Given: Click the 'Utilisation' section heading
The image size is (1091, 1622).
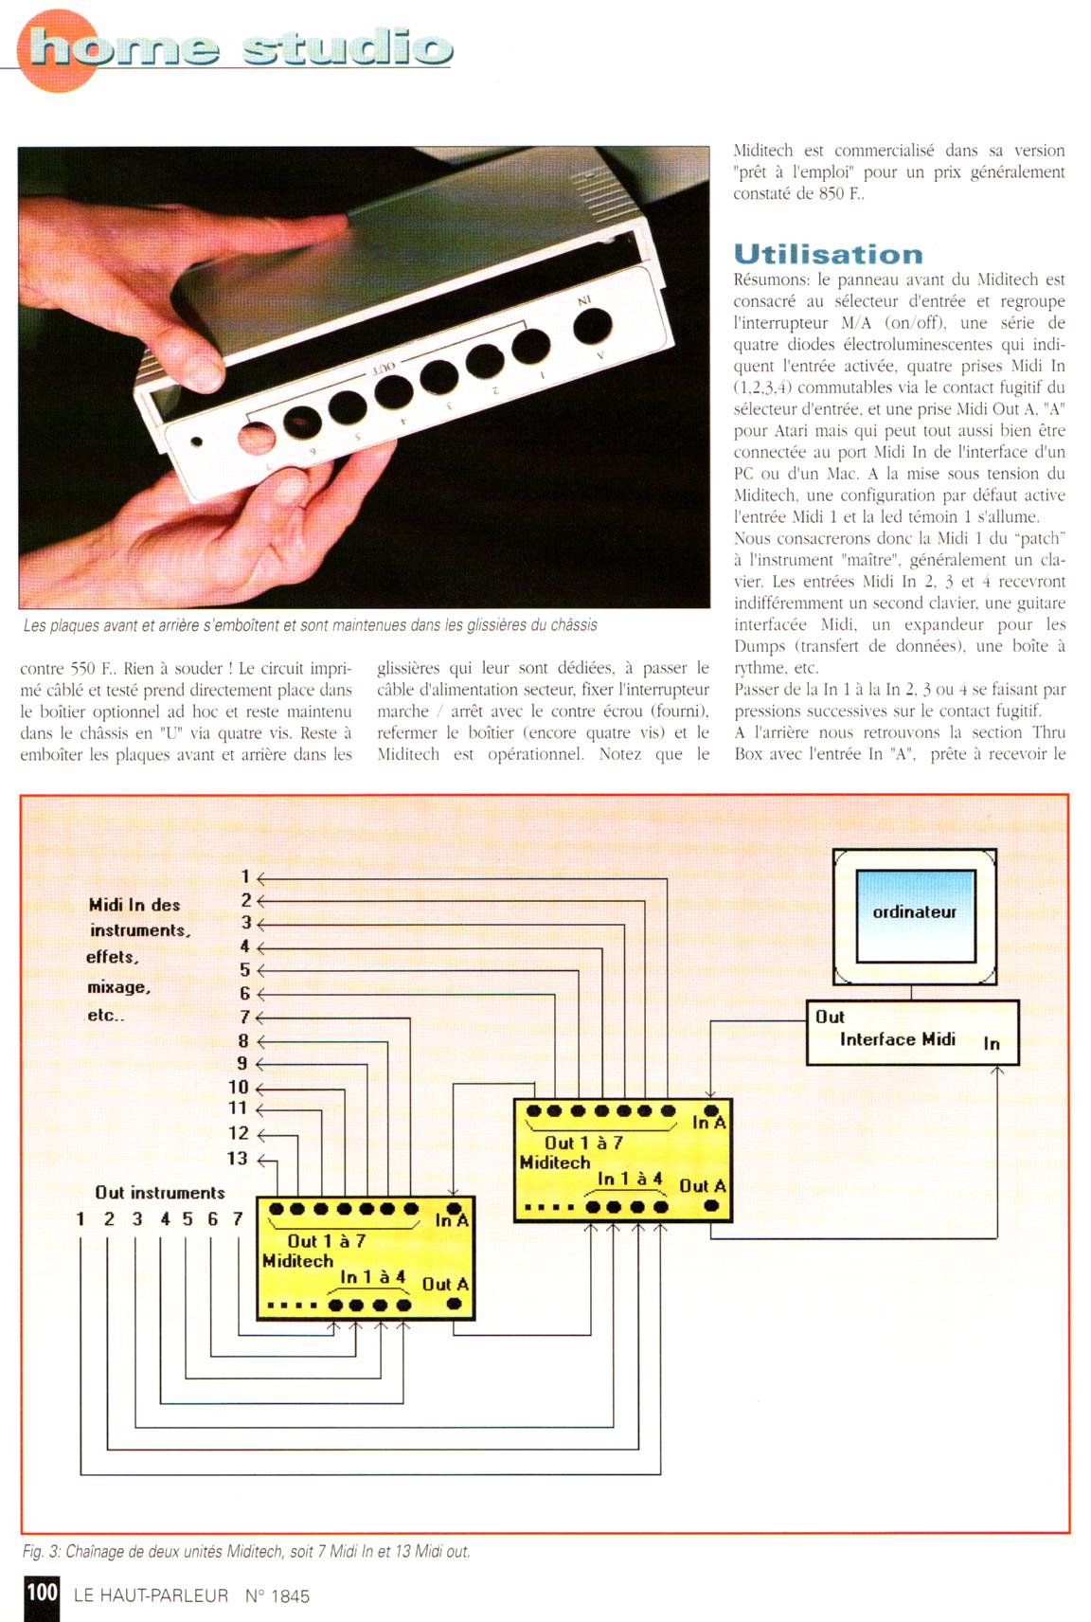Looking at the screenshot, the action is [828, 254].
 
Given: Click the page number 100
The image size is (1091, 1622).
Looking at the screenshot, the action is [42, 1592].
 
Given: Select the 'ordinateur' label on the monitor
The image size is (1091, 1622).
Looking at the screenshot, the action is [914, 912].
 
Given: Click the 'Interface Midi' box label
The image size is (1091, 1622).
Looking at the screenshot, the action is [897, 1039].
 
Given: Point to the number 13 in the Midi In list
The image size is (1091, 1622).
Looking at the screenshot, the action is [237, 1159].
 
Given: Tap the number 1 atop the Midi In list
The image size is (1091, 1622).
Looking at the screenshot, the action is [244, 877].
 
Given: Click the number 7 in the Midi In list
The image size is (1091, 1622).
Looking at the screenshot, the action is [244, 1018].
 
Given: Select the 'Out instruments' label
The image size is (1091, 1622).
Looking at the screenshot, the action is [160, 1193].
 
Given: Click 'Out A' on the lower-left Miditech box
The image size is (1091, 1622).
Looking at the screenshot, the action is [445, 1285].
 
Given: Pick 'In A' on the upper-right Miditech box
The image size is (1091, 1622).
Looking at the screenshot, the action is [708, 1123].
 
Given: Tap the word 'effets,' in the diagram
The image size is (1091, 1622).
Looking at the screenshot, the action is [113, 957].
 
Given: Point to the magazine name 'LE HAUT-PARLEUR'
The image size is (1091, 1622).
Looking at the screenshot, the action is [151, 1595].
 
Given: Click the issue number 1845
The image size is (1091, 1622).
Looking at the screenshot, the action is [289, 1596].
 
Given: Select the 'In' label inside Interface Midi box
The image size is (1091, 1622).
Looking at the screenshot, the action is [992, 1044].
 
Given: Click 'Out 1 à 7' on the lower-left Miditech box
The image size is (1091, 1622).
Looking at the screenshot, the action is [326, 1241].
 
